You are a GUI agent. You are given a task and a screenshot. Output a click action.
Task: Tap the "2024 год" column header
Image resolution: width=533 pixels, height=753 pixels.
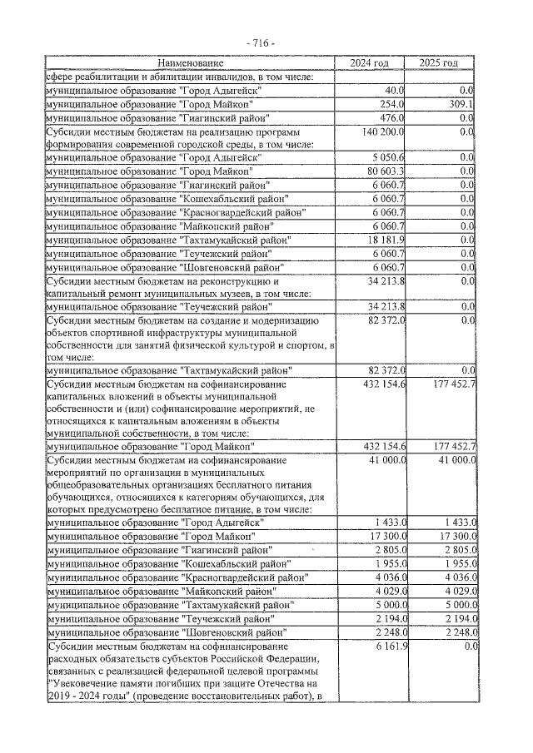370,63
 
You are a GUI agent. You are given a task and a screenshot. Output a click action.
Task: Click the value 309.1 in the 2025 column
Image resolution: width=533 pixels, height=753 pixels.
460,104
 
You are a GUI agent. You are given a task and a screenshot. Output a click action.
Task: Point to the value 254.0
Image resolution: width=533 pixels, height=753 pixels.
392,104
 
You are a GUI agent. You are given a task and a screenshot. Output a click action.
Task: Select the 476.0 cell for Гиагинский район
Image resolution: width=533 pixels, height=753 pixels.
392,117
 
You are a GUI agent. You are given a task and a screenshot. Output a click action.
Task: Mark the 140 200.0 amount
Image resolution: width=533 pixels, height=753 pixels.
382,131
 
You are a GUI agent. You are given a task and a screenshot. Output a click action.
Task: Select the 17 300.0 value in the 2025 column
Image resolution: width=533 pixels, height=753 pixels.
455,537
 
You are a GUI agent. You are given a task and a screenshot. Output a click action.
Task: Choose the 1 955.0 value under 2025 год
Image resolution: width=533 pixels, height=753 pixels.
457,563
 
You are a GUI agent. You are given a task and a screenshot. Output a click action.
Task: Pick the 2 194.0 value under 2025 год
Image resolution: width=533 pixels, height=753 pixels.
457,617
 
